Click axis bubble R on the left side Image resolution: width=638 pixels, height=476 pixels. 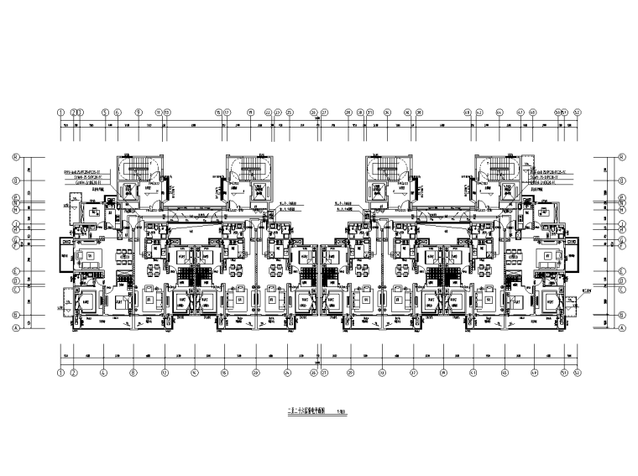tap(14, 157)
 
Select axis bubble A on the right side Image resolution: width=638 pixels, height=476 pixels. tap(623, 329)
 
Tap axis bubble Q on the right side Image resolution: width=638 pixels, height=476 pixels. tap(623, 180)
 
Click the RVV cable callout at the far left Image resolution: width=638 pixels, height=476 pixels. tap(91, 171)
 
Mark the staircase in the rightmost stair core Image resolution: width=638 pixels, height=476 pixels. tap(495, 171)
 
